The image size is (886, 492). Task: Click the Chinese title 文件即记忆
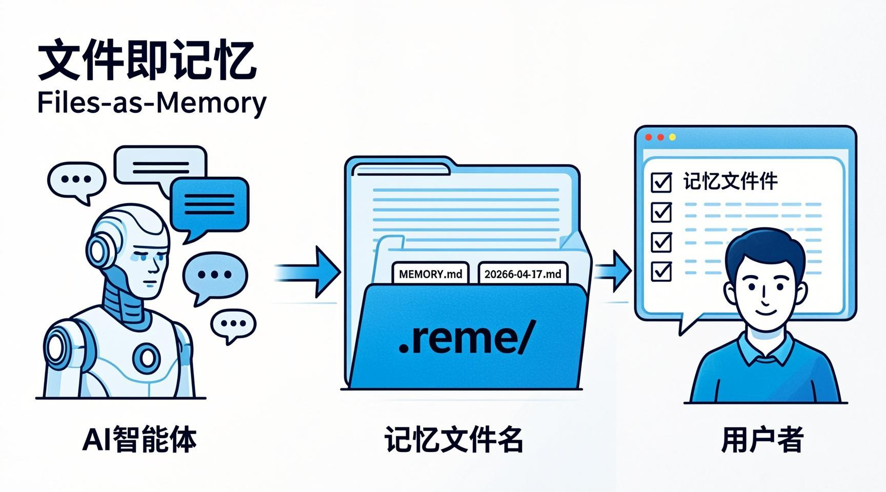[147, 61]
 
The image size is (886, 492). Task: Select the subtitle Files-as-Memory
[152, 102]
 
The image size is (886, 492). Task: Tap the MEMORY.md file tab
[430, 274]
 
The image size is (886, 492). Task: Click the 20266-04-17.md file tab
[522, 274]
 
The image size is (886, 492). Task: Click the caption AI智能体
[139, 440]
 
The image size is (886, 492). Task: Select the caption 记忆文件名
[454, 440]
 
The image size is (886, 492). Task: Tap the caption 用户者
[762, 440]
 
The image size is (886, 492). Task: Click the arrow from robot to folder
[308, 272]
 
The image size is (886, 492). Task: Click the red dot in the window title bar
[649, 137]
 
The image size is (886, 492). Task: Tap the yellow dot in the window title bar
[672, 137]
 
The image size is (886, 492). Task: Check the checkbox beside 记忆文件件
[661, 182]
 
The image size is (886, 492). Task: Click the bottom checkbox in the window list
[661, 271]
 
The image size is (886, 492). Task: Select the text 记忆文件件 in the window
[731, 181]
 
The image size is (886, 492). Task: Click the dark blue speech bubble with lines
[209, 204]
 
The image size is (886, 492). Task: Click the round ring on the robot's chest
[147, 357]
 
